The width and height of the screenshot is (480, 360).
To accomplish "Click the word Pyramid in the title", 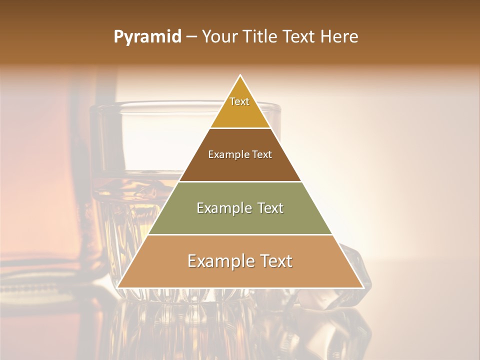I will (147, 37).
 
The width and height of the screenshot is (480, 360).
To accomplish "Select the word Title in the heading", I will (263, 37).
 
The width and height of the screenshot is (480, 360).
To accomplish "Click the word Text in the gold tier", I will (239, 101).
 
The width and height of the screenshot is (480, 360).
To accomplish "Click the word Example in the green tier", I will (223, 208).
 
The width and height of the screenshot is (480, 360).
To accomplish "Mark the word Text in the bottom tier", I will (274, 261).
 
